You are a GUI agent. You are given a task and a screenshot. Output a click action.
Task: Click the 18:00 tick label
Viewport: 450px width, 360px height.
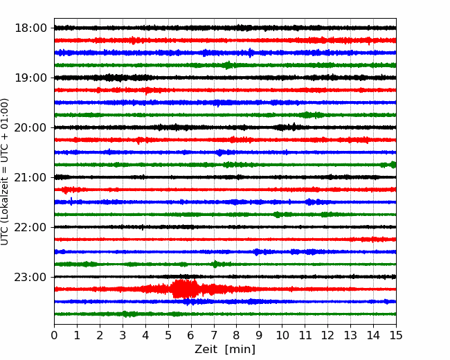pos(30,28)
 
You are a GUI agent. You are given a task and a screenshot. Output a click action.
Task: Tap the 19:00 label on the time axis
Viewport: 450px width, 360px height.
pos(30,78)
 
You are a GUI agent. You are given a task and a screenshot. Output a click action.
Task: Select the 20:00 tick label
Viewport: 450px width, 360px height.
pos(30,127)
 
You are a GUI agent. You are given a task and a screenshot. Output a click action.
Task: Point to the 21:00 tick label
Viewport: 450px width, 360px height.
pos(30,177)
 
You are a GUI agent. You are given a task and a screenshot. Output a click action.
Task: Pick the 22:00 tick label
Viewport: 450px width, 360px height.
pos(30,227)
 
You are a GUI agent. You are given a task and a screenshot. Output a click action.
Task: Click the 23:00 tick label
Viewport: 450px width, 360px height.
pos(30,277)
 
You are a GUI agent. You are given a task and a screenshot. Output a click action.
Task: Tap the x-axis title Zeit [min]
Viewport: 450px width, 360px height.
pos(225,350)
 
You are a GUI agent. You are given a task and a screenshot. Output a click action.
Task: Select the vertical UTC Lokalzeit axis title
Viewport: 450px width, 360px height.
pos(5,172)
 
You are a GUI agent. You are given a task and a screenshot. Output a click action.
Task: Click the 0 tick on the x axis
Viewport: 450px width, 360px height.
pos(54,335)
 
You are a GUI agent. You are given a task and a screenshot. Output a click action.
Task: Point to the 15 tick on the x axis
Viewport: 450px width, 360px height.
pos(396,335)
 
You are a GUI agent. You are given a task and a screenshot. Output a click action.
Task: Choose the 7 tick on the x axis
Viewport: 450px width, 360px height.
pos(214,335)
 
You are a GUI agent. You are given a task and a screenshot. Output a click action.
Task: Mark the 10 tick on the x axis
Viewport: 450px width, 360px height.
pos(282,335)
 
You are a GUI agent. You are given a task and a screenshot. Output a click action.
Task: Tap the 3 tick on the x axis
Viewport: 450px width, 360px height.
pos(123,335)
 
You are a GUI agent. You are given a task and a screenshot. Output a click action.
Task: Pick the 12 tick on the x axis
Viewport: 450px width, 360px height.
pos(327,335)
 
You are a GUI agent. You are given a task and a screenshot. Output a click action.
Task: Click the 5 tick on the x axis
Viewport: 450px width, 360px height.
pos(168,335)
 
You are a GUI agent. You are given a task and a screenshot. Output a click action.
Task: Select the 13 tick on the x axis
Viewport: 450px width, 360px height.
pos(350,335)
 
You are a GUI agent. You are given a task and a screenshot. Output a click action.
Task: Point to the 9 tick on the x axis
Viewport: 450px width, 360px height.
pos(260,335)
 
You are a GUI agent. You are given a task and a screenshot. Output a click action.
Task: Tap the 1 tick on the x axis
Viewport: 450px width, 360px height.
pos(77,335)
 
